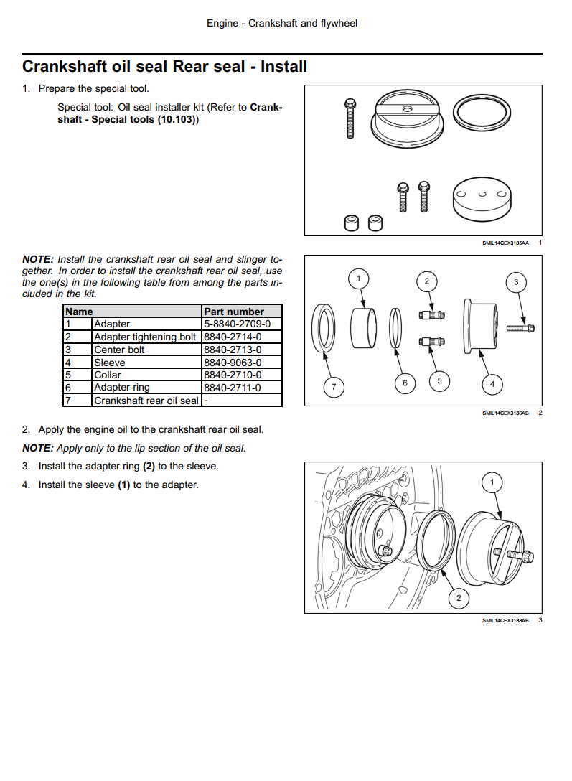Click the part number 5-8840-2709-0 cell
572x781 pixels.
click(242, 324)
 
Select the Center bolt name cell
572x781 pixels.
click(147, 350)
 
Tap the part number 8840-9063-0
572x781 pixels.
click(233, 363)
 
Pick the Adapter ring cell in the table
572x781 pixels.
click(147, 387)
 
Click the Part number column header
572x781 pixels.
click(234, 312)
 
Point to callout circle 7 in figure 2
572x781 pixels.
click(334, 386)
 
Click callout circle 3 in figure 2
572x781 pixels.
click(516, 282)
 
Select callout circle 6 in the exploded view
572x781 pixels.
click(405, 383)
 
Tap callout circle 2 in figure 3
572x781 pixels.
click(459, 598)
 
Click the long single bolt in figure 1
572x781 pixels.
click(350, 118)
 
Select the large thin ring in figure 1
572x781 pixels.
click(482, 113)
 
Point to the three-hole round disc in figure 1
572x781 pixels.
click(482, 200)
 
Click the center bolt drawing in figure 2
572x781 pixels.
click(521, 328)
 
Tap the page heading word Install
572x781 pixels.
click(283, 66)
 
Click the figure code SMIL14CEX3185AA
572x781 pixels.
click(505, 243)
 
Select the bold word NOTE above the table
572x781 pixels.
click(37, 260)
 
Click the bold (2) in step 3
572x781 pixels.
click(149, 466)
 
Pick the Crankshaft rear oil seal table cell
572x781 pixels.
click(147, 400)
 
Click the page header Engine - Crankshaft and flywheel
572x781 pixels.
click(282, 24)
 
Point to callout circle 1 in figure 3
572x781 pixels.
click(492, 482)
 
